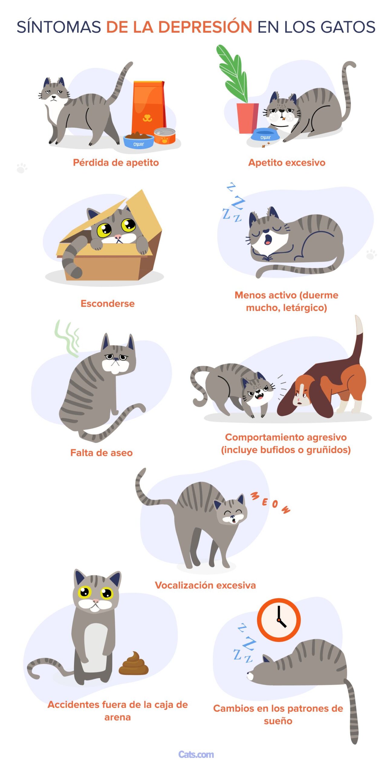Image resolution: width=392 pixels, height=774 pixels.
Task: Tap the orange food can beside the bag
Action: tap(165, 136)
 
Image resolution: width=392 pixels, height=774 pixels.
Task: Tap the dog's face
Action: tap(301, 393)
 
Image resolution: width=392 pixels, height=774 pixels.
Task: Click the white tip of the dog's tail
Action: tap(359, 325)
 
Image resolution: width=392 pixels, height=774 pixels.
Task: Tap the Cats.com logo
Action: tap(196, 754)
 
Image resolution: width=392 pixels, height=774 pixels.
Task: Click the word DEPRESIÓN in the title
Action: tap(205, 27)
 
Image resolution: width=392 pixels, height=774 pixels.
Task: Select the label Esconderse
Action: tap(108, 303)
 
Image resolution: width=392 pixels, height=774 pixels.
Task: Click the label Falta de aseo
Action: tap(102, 453)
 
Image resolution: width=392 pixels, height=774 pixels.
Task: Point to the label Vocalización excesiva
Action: tap(205, 585)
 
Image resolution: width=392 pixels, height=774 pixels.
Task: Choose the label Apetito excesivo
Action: tap(287, 163)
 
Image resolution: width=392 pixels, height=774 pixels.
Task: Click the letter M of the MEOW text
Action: tap(255, 496)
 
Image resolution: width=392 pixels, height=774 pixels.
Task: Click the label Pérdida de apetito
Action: tap(116, 163)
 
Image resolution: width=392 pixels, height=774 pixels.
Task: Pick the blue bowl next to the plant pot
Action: tap(265, 135)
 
